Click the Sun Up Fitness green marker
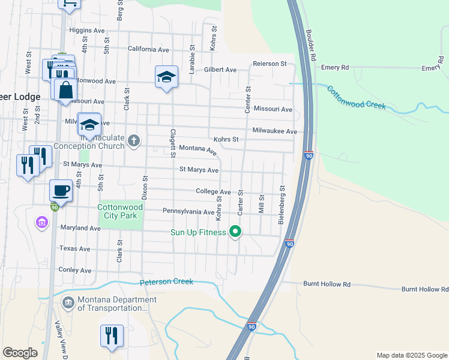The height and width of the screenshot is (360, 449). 236,231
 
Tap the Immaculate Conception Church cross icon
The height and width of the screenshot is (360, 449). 134,141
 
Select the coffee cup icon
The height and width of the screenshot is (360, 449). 61,191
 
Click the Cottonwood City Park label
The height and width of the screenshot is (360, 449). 121,212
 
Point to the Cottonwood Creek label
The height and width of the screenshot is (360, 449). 356,97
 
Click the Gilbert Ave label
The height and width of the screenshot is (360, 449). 220,70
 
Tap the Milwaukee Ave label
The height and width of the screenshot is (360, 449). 274,131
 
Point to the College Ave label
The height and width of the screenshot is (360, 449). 213,191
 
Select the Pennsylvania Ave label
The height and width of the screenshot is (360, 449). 188,211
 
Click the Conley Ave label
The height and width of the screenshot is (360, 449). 75,270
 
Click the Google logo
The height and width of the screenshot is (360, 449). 20,353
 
